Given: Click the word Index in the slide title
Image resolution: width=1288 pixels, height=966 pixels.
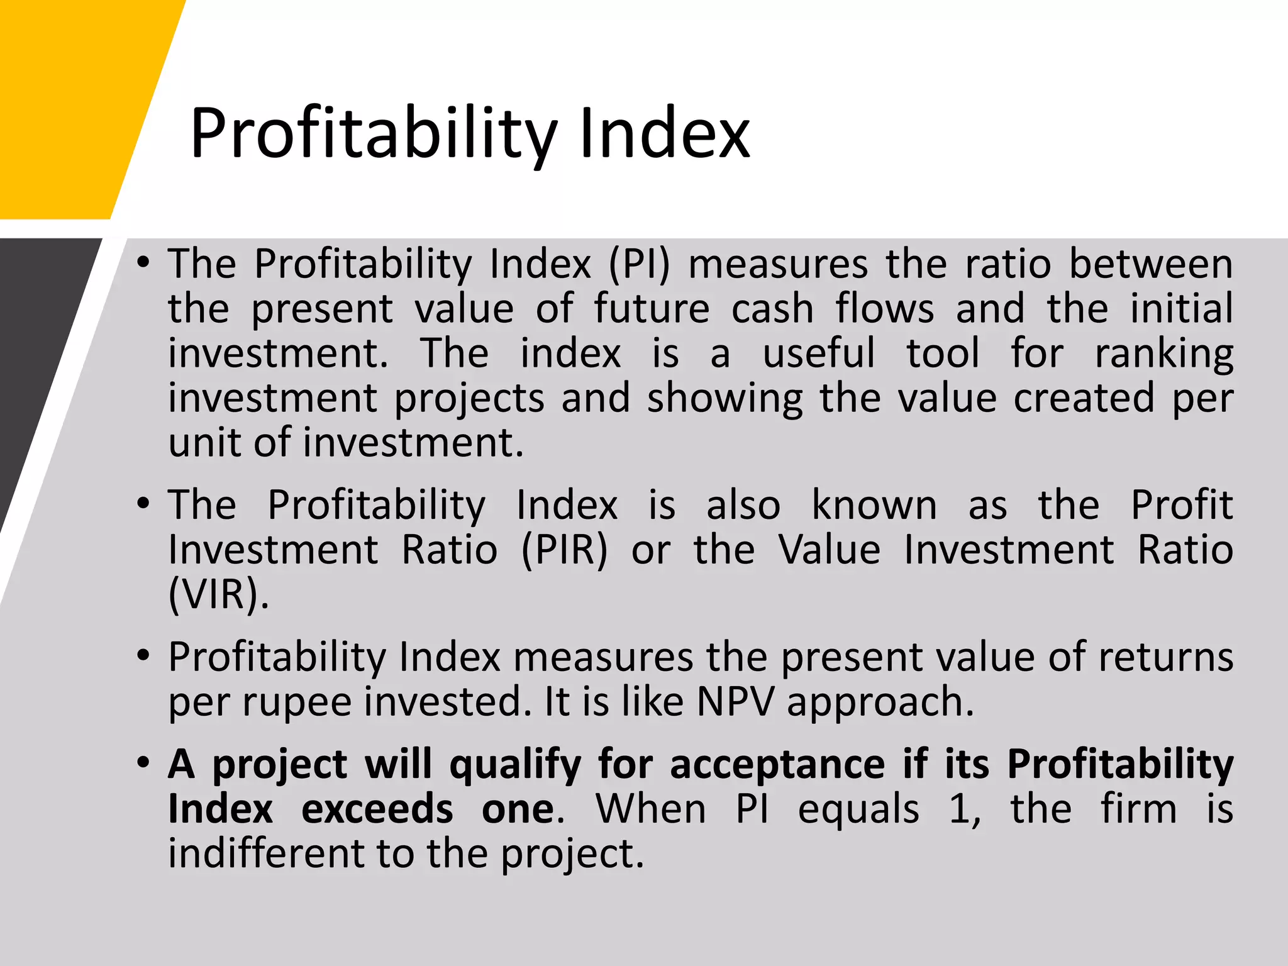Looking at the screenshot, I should (665, 133).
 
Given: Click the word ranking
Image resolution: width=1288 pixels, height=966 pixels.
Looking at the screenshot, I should (1163, 354).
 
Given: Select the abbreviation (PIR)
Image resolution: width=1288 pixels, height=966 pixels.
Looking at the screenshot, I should (564, 550).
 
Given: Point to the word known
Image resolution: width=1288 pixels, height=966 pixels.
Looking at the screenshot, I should (874, 505).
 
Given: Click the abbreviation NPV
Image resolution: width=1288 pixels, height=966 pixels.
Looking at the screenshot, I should (735, 702).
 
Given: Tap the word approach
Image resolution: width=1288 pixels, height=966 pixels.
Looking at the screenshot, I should (880, 702).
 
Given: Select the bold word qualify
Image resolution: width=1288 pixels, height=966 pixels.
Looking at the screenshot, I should (515, 765).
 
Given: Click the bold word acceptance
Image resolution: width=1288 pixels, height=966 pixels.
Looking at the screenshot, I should (777, 765).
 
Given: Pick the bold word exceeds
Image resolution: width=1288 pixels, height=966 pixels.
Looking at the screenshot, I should (377, 809).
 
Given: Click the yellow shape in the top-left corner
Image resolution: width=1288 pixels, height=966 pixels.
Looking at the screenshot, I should (75, 101).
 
